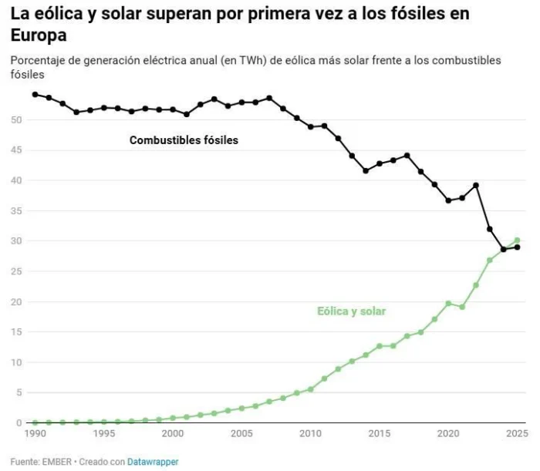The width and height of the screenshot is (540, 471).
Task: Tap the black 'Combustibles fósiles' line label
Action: tap(184, 140)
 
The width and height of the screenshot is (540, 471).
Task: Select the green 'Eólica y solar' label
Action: tap(351, 311)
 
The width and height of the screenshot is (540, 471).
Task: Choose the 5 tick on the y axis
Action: tap(19, 393)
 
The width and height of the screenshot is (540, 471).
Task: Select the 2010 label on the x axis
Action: tap(310, 435)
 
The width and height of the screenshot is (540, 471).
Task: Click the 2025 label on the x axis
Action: tap(515, 435)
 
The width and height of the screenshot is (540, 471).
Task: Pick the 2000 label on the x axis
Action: tap(173, 435)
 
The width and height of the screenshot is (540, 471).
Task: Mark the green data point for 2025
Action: tap(517, 241)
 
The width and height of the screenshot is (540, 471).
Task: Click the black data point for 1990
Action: tap(35, 95)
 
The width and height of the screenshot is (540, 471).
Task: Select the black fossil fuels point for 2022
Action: tap(476, 185)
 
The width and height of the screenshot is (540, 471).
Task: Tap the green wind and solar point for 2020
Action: tap(448, 304)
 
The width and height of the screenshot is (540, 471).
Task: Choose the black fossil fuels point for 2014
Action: tap(366, 170)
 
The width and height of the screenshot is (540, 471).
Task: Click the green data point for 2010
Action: tap(310, 389)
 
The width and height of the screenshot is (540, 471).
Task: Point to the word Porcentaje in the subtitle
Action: tap(35, 60)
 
